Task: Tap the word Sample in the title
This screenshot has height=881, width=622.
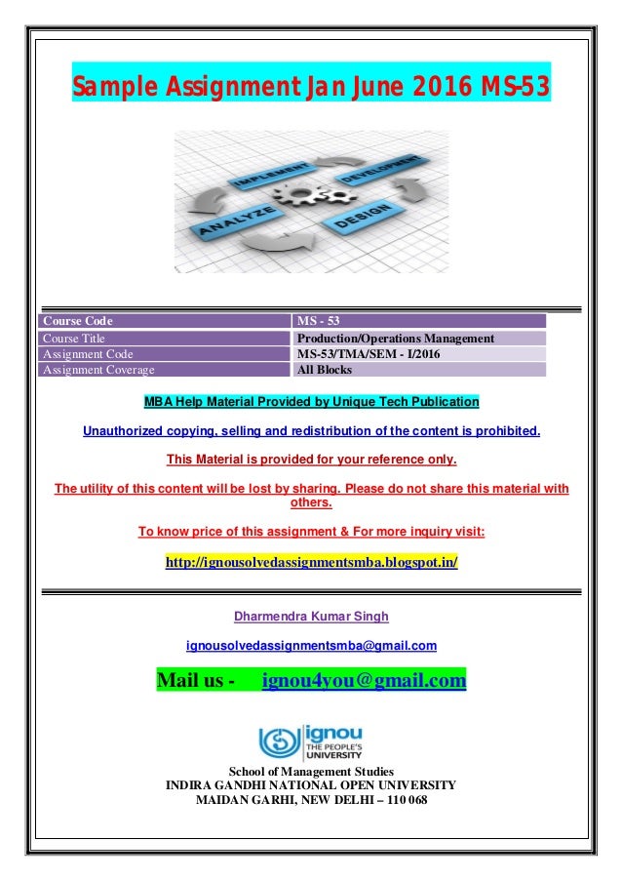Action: [110, 91]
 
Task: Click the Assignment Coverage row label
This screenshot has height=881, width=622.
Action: [97, 370]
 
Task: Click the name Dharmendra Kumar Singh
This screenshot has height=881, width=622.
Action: [311, 616]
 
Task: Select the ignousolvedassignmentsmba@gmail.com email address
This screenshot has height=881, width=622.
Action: [311, 645]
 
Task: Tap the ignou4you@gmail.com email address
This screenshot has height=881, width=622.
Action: [364, 679]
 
